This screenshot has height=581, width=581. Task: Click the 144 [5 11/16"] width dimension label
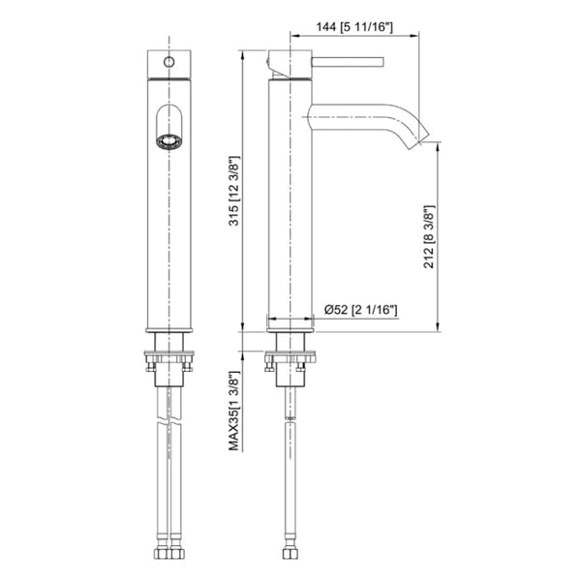pos(354,27)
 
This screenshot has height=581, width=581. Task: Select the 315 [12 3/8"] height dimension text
pos(234,191)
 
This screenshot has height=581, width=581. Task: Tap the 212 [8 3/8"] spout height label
pos(429,237)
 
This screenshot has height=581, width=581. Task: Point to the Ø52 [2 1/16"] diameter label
pos(361,310)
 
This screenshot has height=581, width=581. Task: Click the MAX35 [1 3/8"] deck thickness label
pos(234,411)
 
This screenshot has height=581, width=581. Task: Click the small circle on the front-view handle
pos(169,62)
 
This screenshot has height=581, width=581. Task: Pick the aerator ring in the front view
pos(169,142)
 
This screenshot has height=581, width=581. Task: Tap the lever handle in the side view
pos(348,62)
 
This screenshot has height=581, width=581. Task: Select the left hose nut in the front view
pos(162,554)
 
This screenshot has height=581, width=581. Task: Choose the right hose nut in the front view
pos(177,554)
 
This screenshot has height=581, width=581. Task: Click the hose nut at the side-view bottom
pos(290,554)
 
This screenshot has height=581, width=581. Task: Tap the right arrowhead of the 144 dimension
pos(414,36)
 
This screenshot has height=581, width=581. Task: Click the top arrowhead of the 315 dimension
pos(242,55)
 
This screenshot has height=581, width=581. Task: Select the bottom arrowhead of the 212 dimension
pos(438,325)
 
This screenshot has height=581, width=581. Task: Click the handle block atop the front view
pos(169,65)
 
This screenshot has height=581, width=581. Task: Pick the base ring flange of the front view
pos(169,330)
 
